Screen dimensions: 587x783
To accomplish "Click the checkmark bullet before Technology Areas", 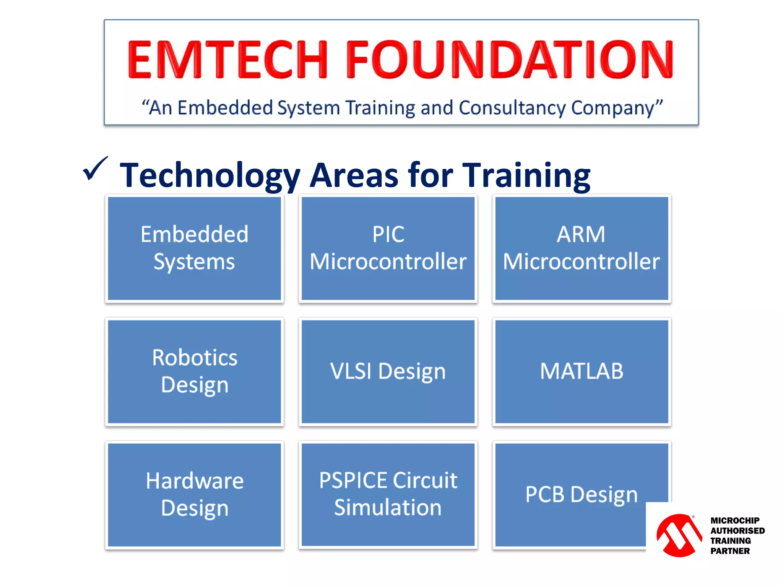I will point(95,169).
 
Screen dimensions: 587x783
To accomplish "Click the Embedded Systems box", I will point(194,248).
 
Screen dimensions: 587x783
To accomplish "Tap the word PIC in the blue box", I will point(388,234).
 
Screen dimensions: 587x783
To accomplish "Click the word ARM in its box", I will point(581,234).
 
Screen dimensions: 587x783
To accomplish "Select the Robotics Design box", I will point(194,371).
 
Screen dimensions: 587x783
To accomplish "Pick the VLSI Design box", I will point(388,371).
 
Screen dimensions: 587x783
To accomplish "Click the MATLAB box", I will point(582,371).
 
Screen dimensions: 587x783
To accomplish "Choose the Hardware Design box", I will point(194,495).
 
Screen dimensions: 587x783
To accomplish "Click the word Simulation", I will point(388,508).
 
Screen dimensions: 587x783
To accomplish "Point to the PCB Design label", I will point(581,495).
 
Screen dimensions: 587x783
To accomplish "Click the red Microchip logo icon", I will point(679,535).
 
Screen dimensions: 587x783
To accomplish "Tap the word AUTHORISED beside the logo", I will point(737,531).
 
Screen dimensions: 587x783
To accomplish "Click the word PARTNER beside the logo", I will point(730,551).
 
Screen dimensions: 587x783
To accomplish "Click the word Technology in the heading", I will point(210,175).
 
